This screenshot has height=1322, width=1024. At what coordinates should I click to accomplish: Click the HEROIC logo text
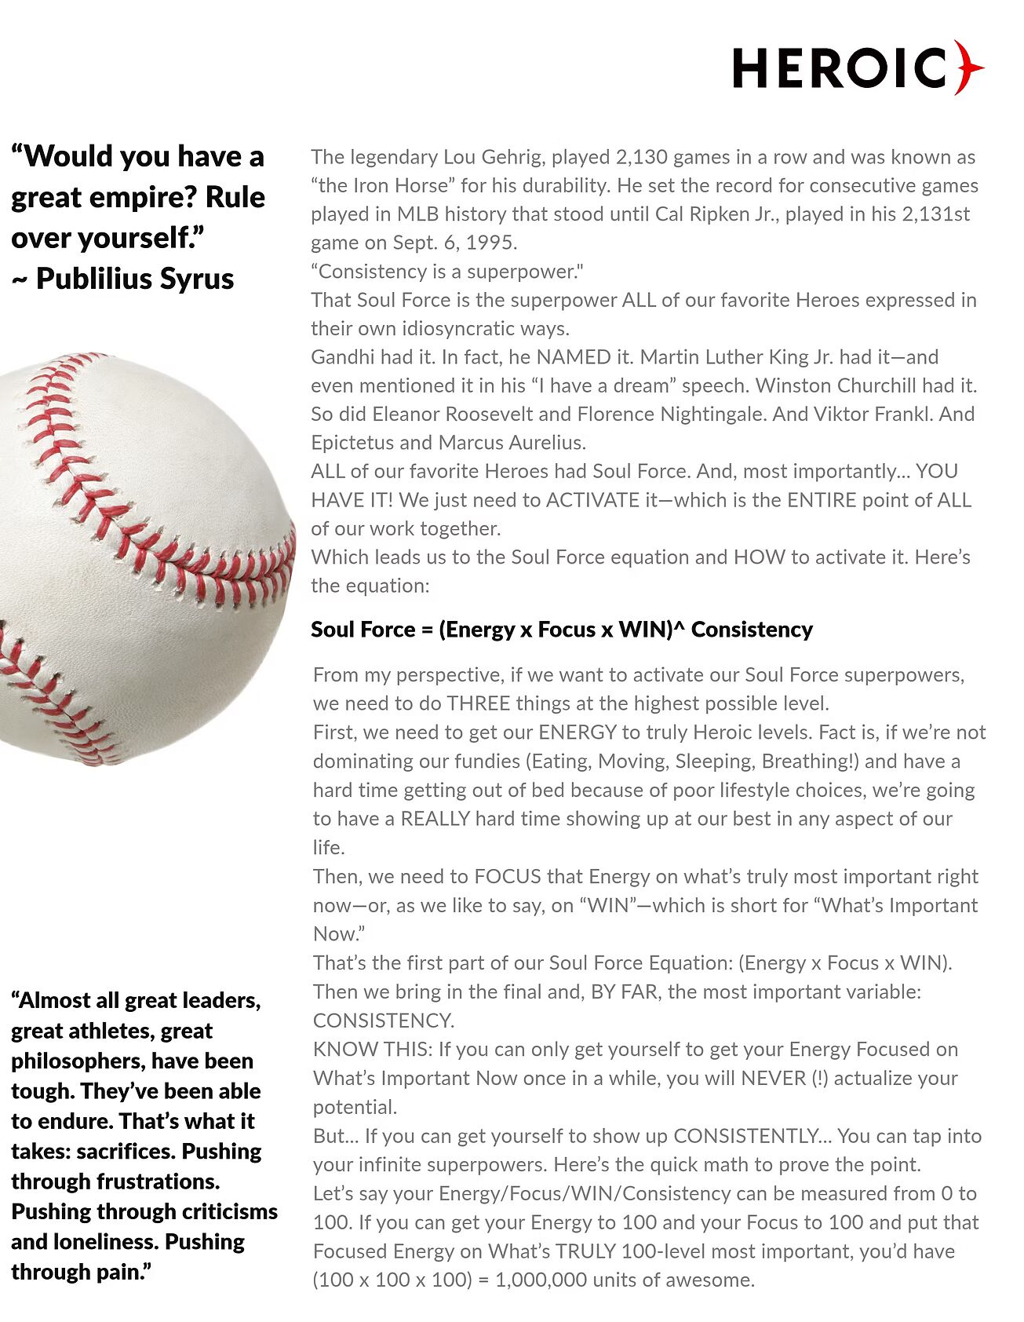(x=840, y=68)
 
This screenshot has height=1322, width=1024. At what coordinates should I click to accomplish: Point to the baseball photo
(x=141, y=557)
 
